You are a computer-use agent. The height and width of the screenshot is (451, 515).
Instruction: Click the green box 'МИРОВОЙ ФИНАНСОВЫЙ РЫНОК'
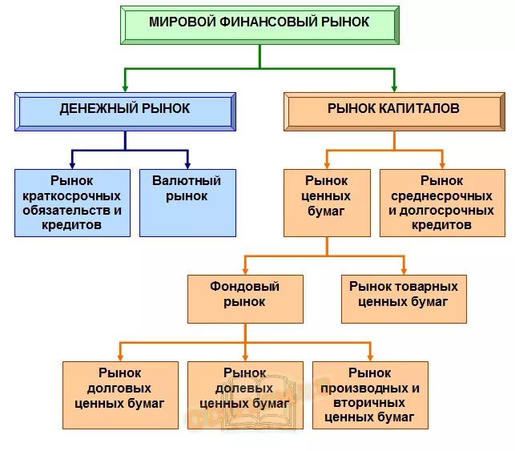260,24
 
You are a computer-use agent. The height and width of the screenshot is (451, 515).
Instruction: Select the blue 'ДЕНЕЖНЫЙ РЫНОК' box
125,111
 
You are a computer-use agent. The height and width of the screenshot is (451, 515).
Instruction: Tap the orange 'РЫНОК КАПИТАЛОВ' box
393,111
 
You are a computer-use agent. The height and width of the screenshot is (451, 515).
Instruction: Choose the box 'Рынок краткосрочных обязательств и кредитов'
72,203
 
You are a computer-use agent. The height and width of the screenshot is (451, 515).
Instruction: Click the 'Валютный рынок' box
187,203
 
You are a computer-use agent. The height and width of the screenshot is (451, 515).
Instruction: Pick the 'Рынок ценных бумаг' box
327,203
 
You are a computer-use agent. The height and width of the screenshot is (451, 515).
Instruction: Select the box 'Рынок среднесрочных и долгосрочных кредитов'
441,203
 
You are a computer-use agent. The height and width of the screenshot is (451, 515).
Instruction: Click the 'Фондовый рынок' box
245,299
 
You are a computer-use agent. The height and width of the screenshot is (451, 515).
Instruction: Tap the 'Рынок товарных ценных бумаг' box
404,299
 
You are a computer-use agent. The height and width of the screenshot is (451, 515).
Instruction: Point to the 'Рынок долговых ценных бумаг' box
120,395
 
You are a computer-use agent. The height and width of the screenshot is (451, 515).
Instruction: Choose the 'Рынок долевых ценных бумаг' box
245,395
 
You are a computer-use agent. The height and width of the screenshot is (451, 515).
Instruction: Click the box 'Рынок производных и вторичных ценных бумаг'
370,395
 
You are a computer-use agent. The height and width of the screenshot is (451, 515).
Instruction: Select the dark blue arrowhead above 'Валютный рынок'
187,163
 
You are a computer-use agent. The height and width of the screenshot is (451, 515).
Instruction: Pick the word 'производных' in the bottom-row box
370,388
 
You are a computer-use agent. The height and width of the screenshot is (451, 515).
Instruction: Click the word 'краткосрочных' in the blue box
72,195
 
